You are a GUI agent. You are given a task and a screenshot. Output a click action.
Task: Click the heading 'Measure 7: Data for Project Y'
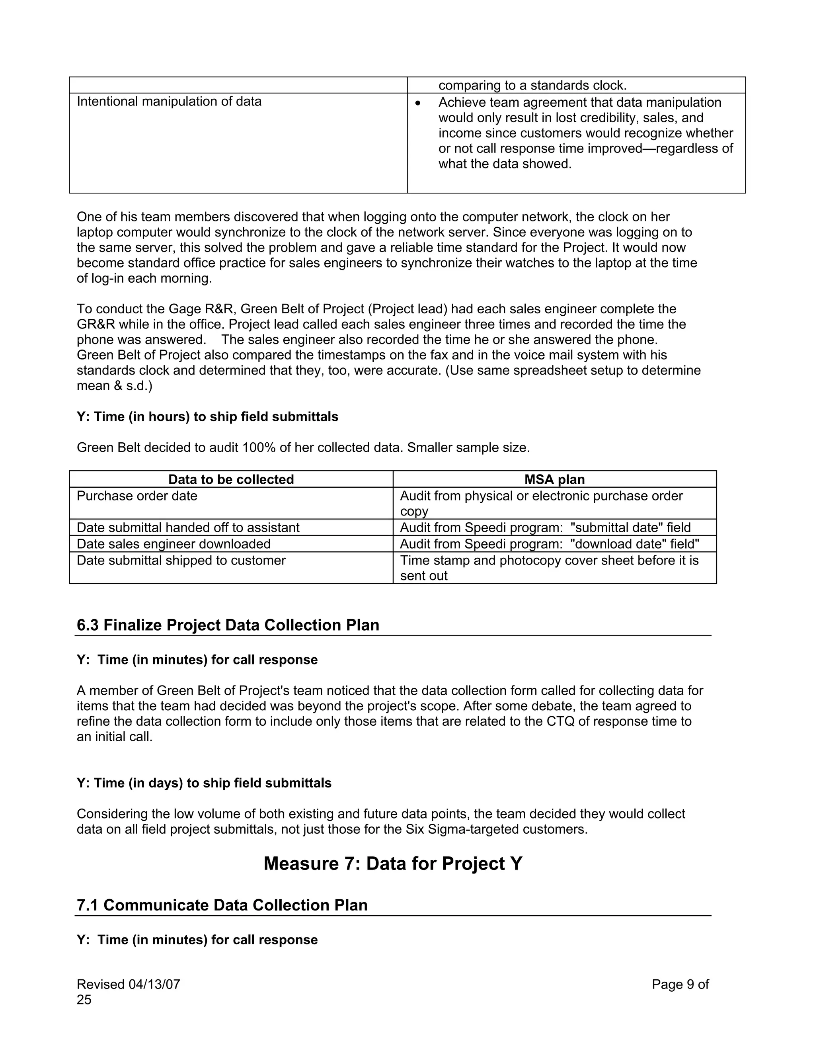pos(392,863)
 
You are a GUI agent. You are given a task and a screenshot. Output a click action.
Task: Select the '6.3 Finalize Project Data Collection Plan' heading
pos(228,625)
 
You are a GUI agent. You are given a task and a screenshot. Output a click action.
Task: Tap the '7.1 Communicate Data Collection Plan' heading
pos(222,905)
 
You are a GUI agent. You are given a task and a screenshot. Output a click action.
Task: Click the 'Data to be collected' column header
pos(231,479)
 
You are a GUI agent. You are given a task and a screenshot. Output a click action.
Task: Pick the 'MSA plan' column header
pos(554,479)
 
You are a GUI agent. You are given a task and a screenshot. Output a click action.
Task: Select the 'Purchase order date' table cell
pos(137,496)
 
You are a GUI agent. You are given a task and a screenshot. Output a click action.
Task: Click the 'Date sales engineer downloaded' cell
pos(174,544)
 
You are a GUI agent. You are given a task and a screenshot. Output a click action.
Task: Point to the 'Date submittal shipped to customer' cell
pos(181,561)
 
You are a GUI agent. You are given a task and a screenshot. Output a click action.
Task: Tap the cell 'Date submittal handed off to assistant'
pos(188,527)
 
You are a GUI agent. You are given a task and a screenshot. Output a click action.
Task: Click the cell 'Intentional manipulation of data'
pos(169,102)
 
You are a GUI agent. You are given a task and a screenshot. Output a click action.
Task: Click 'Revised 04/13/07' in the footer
pos(129,984)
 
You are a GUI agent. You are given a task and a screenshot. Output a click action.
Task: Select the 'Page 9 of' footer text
pos(680,984)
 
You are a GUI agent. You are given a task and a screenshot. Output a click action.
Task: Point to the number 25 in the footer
pos(84,999)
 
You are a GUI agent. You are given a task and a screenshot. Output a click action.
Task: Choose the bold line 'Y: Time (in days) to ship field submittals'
pos(204,783)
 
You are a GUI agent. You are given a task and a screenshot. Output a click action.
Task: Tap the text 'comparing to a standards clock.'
pos(532,86)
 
